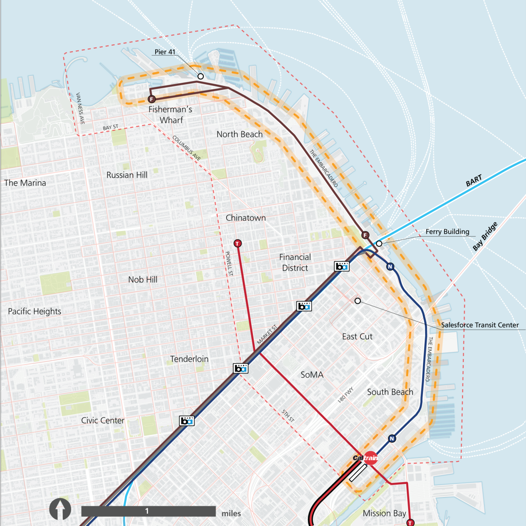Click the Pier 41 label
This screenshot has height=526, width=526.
point(165,52)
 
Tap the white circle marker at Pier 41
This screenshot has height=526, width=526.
point(201,76)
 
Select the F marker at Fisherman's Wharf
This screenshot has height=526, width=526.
point(152,99)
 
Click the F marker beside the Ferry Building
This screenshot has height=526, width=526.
point(365,235)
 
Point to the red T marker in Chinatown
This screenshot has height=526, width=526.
point(238,243)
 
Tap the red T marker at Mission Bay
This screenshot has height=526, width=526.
point(410,522)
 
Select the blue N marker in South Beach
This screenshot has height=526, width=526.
point(392,438)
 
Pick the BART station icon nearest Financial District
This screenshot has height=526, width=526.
point(342,266)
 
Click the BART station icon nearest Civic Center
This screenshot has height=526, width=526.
point(187,421)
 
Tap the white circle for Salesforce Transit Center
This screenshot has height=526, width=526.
point(358,301)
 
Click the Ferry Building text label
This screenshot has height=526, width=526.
point(447,231)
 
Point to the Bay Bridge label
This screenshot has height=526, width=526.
point(485,237)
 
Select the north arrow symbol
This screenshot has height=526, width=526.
point(60,509)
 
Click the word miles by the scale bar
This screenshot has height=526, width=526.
point(231,513)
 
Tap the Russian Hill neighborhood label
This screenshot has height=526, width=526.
point(127,175)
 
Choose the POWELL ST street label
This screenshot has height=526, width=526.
point(229,263)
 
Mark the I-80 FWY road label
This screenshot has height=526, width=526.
point(345,395)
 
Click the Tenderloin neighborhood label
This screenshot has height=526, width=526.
point(189,359)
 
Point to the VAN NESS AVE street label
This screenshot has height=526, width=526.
point(80,108)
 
